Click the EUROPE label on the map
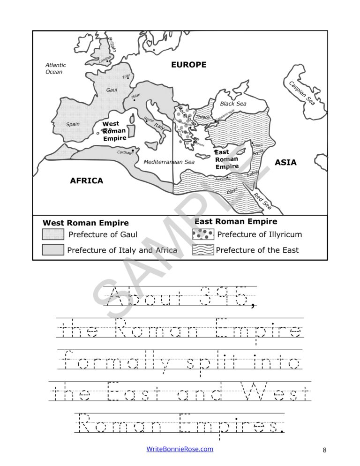tap(188, 65)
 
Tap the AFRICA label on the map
tap(86, 180)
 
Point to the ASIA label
tap(285, 162)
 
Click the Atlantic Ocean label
tap(56, 68)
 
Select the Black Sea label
tap(233, 104)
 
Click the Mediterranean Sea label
tap(169, 162)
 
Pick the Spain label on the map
tap(73, 124)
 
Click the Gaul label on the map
tap(112, 90)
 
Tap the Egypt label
tap(232, 191)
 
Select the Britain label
tap(112, 44)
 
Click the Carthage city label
tap(125, 152)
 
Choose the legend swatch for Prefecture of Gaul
tap(53, 234)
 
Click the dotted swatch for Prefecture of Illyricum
tap(203, 234)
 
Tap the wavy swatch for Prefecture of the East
tap(203, 250)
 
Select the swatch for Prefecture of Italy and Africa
tap(53, 250)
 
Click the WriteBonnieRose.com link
tap(180, 449)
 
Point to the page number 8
tap(324, 451)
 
